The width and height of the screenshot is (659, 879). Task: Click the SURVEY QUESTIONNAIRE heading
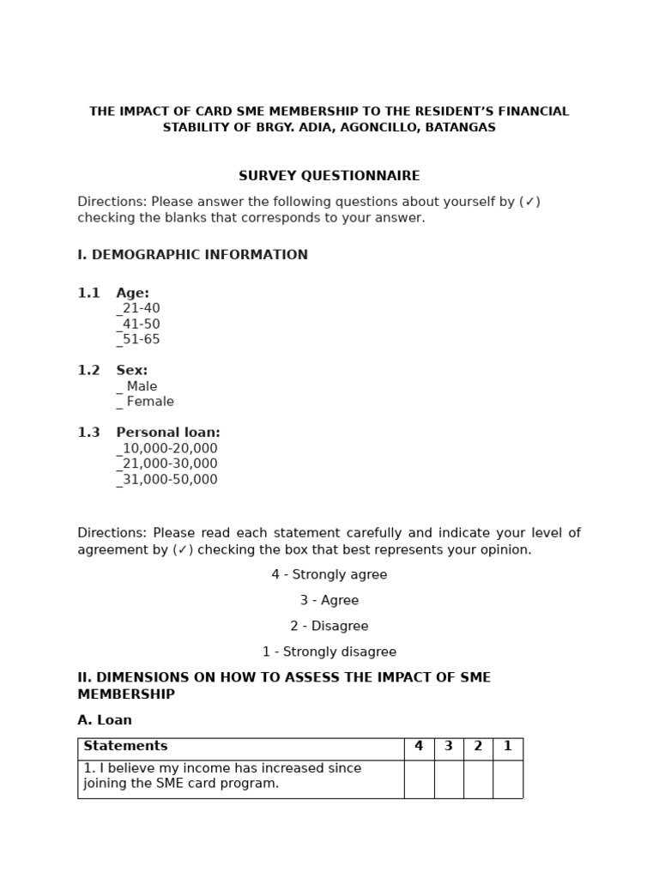(x=329, y=176)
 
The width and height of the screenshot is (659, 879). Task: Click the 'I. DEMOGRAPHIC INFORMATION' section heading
(x=192, y=255)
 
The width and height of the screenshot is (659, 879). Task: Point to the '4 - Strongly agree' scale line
(x=329, y=574)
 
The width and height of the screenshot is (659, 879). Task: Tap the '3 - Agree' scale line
(x=329, y=600)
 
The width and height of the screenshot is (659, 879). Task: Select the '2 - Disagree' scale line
(x=329, y=626)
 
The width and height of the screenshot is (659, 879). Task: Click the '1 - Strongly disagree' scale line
(x=329, y=652)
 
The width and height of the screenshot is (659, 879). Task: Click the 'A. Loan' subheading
(x=105, y=720)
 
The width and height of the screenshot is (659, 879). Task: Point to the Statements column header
(x=125, y=746)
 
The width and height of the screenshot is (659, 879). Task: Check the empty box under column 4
(x=419, y=779)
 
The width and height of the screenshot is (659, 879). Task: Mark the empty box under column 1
(x=508, y=779)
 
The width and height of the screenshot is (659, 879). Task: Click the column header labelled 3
(x=449, y=746)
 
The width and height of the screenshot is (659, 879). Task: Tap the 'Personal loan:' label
(x=168, y=433)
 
